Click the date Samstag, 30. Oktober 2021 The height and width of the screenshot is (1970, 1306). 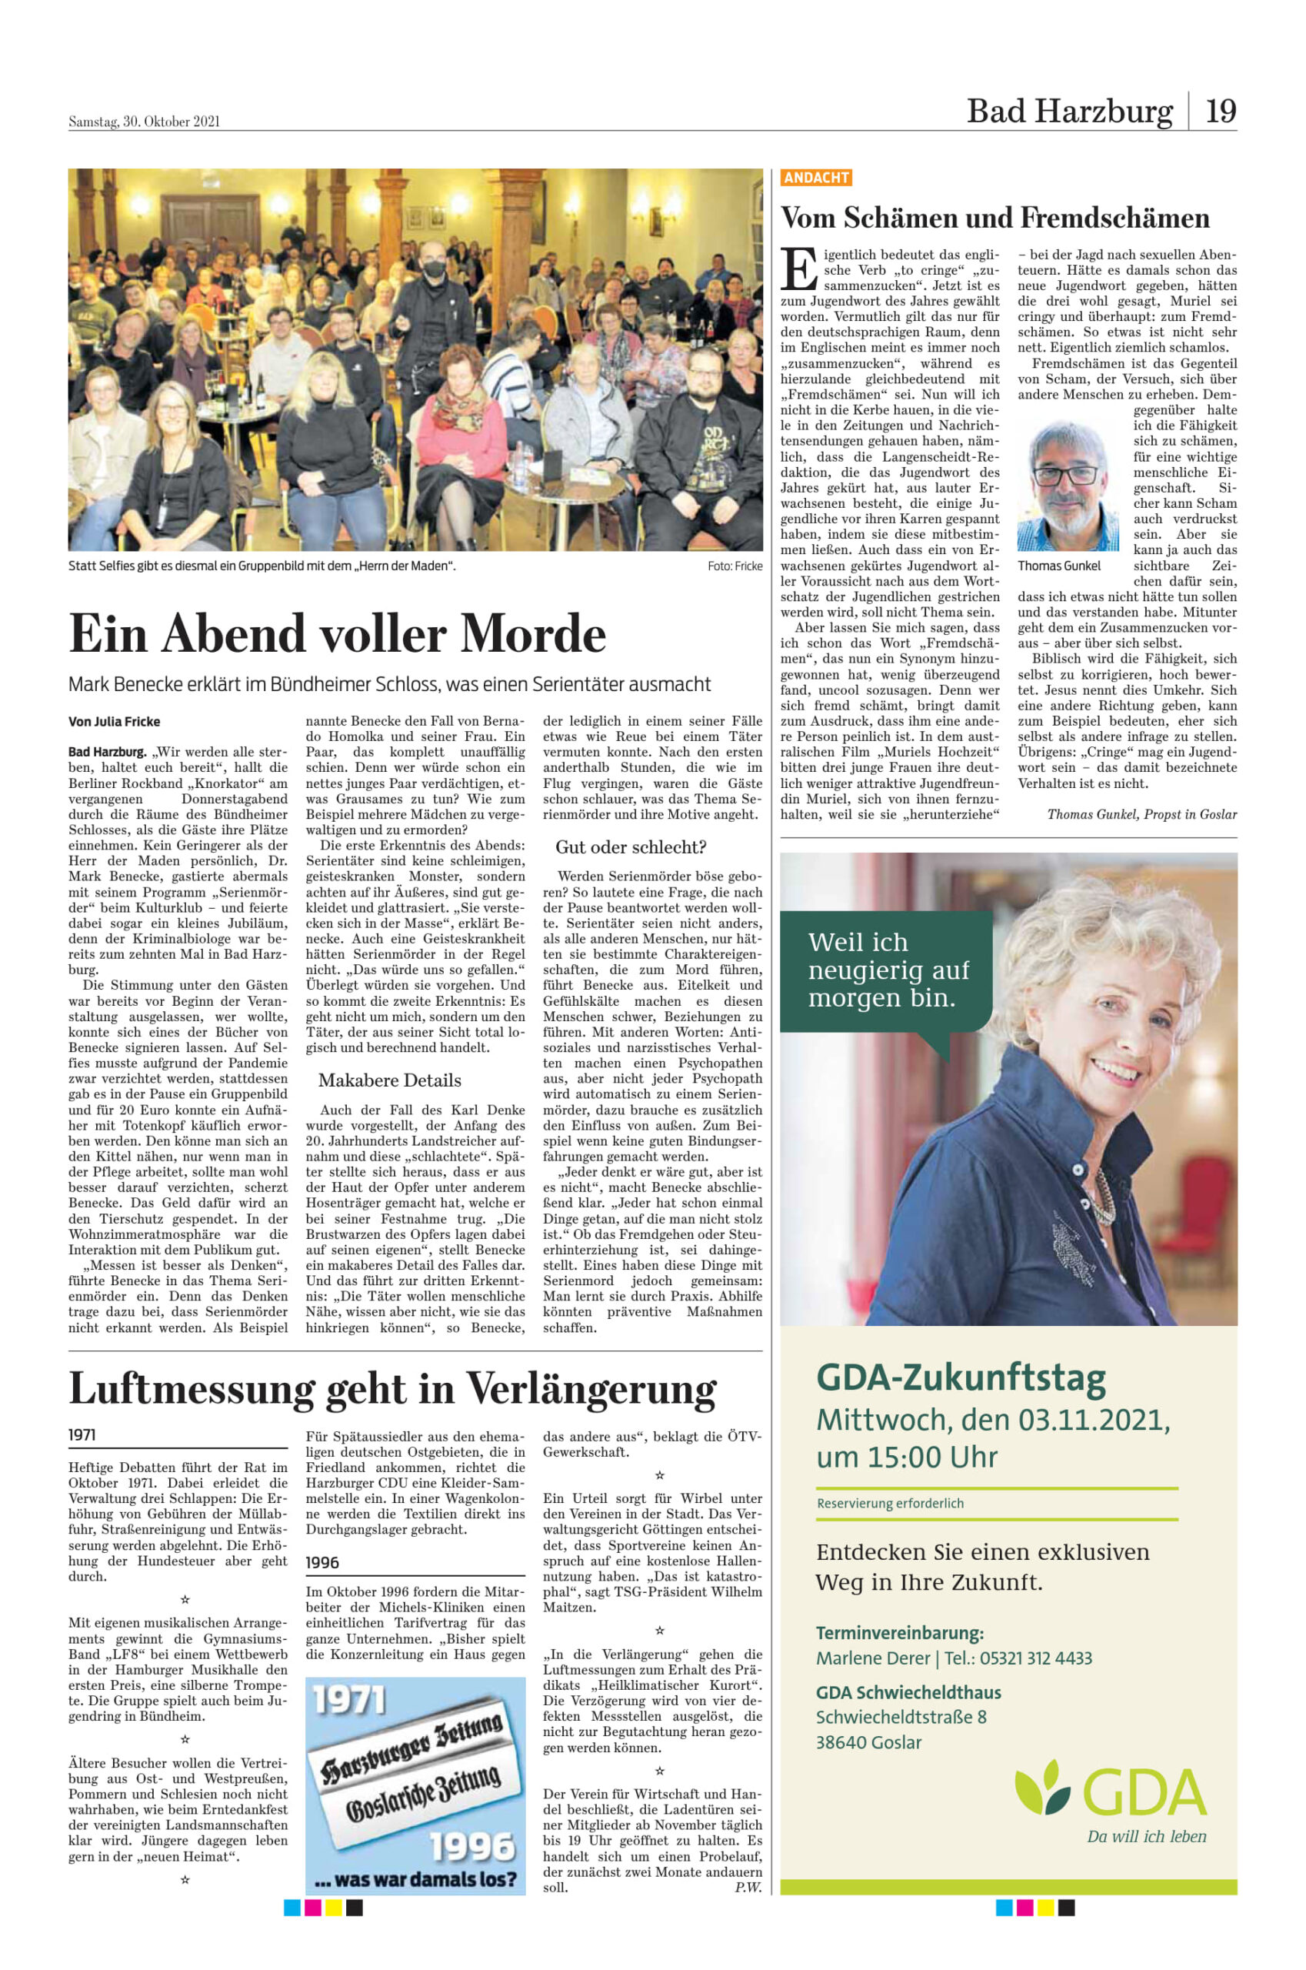pyautogui.click(x=144, y=122)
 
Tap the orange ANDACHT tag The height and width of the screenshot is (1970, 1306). pyautogui.click(x=815, y=178)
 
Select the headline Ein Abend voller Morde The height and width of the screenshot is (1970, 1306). pyautogui.click(x=338, y=634)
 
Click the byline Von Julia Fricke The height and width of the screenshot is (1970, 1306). pyautogui.click(x=114, y=722)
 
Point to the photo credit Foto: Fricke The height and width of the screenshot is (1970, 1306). pyautogui.click(x=735, y=566)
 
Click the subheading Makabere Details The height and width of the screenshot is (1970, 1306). pyautogui.click(x=389, y=1080)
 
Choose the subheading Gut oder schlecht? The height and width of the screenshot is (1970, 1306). pyautogui.click(x=631, y=847)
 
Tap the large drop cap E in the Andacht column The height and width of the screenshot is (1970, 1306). pyautogui.click(x=799, y=269)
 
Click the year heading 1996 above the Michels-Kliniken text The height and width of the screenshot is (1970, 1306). pyautogui.click(x=322, y=1562)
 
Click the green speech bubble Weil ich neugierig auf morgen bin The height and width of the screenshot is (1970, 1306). pyautogui.click(x=888, y=970)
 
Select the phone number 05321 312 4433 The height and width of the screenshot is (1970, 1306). pyautogui.click(x=1035, y=1658)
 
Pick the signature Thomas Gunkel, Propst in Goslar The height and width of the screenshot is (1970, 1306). pyautogui.click(x=1141, y=814)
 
